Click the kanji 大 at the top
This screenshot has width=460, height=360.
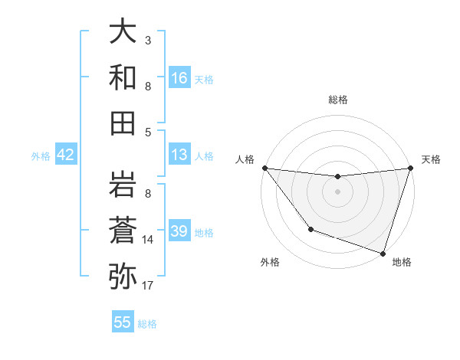click(x=123, y=33)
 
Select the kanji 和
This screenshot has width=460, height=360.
click(x=123, y=78)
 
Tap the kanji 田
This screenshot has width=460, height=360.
click(x=123, y=123)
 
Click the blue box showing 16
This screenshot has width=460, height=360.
click(x=179, y=77)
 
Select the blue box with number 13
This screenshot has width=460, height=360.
click(x=179, y=155)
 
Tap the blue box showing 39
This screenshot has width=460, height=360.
click(x=179, y=231)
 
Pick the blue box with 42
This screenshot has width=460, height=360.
click(x=65, y=155)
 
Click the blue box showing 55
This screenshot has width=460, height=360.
click(x=123, y=322)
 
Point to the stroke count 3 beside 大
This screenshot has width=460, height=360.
click(x=148, y=40)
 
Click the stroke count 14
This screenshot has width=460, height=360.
click(x=149, y=240)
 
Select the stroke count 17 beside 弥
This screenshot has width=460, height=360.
click(x=149, y=286)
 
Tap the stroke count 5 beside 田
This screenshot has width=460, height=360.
click(x=148, y=132)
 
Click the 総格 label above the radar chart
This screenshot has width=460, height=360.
click(x=337, y=100)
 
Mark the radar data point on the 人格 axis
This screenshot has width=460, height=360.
click(x=264, y=168)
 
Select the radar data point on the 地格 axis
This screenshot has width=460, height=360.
click(x=383, y=253)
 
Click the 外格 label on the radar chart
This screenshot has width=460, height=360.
click(x=270, y=262)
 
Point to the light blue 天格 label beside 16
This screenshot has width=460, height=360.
click(x=204, y=79)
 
